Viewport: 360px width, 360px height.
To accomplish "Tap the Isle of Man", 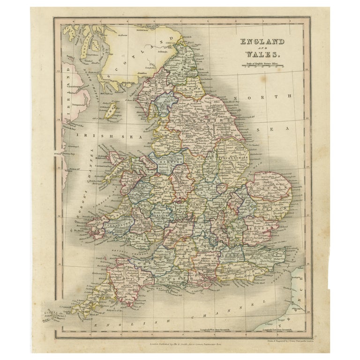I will (x=111, y=111).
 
